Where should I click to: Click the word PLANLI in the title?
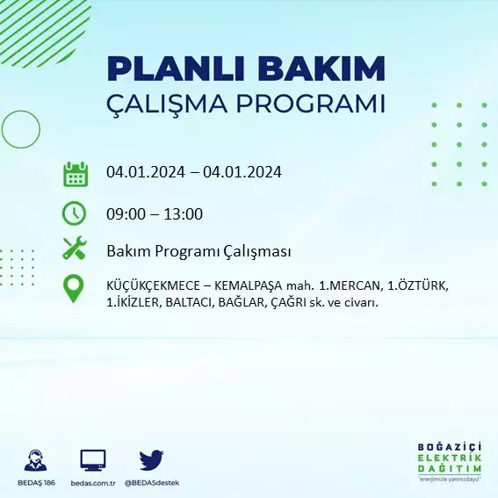click(176, 69)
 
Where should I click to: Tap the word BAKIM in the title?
click(321, 69)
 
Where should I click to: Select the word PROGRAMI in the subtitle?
click(311, 104)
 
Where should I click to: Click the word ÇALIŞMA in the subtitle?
click(167, 105)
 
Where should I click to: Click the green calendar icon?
click(76, 174)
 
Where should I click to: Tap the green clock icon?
click(74, 213)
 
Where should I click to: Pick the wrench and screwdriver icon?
click(75, 248)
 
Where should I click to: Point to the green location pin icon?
click(74, 289)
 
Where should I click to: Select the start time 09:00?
click(126, 214)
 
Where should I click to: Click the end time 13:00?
click(183, 214)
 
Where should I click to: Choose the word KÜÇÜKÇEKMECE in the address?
click(154, 285)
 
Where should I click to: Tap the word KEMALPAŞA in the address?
click(248, 286)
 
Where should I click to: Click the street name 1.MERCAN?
click(350, 285)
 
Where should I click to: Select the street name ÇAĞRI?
click(289, 303)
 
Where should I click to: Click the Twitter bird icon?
click(151, 460)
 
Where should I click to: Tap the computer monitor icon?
click(93, 460)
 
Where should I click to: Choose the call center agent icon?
click(35, 460)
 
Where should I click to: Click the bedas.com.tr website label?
click(93, 483)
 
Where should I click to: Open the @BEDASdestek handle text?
click(152, 483)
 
